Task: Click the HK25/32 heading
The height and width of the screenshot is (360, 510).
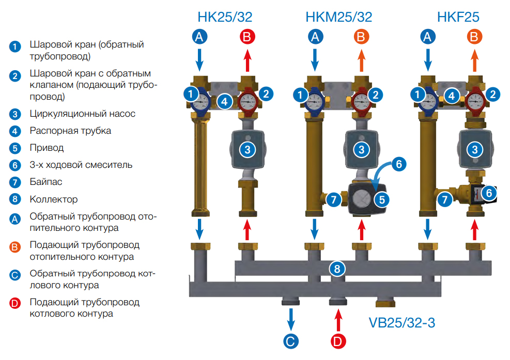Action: pos(225,17)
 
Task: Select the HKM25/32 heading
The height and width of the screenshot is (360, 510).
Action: pos(338,17)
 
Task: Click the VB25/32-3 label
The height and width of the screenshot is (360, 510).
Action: pos(402,323)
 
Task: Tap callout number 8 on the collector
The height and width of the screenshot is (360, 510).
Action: pos(337,269)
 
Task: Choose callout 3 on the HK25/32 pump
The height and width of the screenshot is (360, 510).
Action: pos(248,150)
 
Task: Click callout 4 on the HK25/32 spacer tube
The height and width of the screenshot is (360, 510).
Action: pos(224,101)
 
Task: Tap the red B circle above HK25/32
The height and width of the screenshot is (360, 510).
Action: pos(248,37)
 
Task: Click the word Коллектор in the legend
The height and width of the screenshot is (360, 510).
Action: pos(54,199)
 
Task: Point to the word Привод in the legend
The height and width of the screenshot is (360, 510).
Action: pos(47,148)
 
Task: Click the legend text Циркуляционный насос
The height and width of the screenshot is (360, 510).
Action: pos(83,114)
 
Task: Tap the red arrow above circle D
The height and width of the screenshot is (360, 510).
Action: pos(338,320)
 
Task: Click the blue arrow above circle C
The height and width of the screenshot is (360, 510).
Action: pos(291,319)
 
